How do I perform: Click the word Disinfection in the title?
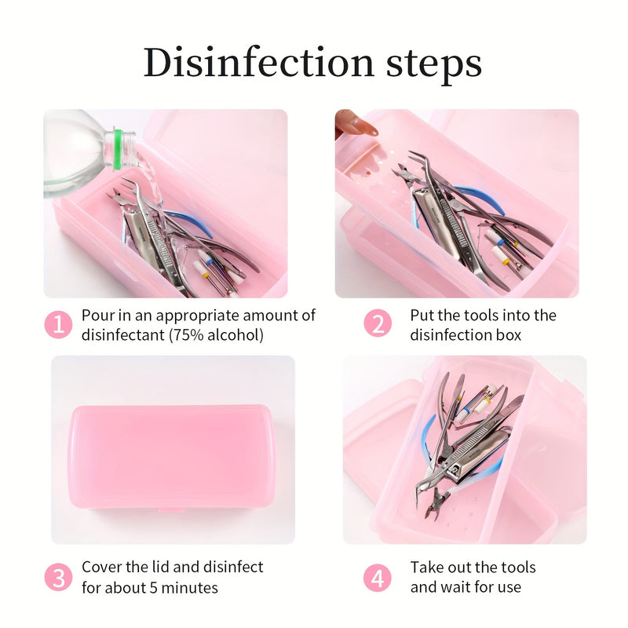pos(259,62)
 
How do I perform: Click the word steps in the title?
pos(433,65)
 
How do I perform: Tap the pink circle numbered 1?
pos(58,324)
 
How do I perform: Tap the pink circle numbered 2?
pos(378,323)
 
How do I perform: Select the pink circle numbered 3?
pos(58,577)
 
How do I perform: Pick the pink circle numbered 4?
pos(378,578)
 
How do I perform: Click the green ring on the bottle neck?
pos(118,149)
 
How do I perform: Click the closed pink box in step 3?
pos(172,458)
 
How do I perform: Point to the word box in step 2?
pos(509,335)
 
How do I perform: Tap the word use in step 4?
pos(509,587)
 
